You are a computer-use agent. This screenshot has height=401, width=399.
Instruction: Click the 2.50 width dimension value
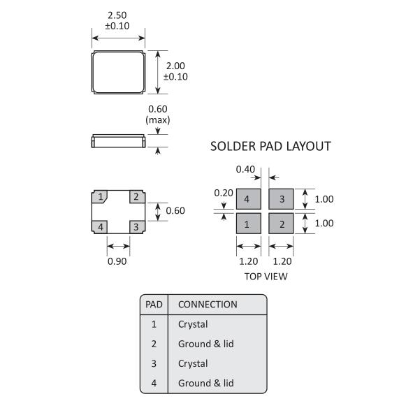point(117,15)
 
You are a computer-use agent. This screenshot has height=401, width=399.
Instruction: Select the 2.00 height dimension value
point(175,66)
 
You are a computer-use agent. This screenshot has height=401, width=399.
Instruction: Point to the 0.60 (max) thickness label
point(158,115)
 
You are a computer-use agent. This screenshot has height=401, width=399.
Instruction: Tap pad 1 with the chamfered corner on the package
point(100,197)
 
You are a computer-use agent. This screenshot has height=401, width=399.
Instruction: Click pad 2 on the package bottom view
point(137,197)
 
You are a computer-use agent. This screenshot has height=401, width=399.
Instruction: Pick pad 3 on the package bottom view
point(137,227)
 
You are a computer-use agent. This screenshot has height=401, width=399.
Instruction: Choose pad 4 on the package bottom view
point(100,227)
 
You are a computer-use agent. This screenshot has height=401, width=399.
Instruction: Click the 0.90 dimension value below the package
point(117,261)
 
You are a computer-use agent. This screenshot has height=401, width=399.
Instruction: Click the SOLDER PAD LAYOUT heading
point(270,146)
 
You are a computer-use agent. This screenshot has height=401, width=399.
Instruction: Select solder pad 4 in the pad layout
point(249,199)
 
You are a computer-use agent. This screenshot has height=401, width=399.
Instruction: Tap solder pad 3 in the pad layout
point(281,199)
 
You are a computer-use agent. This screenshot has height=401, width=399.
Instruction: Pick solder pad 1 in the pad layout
point(249,224)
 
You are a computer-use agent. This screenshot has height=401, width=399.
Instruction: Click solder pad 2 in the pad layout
point(281,224)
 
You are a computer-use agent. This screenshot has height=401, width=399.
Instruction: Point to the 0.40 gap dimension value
point(245,169)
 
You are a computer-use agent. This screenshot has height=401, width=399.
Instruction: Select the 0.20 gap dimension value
point(224,193)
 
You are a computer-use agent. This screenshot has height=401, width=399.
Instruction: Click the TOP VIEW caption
point(266,277)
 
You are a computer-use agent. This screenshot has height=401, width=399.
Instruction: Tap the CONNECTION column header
point(208,305)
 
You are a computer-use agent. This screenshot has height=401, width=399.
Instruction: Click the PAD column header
point(154,305)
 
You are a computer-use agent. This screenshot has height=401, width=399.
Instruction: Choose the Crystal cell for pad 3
point(193,364)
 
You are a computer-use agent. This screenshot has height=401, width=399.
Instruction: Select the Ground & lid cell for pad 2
point(206,344)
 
